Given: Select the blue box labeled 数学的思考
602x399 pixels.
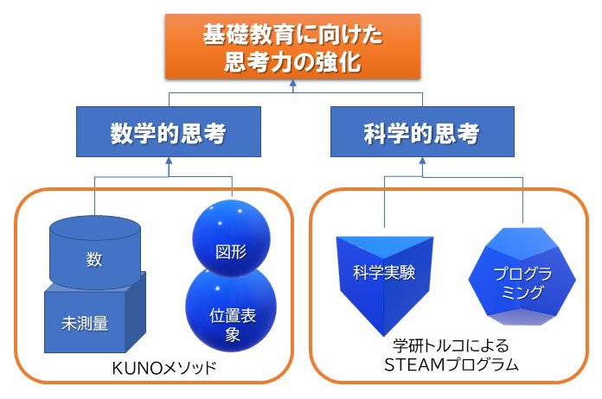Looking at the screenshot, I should pyautogui.click(x=168, y=134).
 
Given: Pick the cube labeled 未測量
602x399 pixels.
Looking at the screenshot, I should pyautogui.click(x=91, y=324).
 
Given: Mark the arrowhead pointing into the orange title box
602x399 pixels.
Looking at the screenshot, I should pyautogui.click(x=293, y=83).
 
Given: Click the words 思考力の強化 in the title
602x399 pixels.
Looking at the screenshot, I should pyautogui.click(x=293, y=62).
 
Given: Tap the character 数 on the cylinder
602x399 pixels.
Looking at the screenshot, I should pyautogui.click(x=95, y=257).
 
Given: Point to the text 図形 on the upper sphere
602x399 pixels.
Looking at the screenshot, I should pyautogui.click(x=231, y=252).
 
